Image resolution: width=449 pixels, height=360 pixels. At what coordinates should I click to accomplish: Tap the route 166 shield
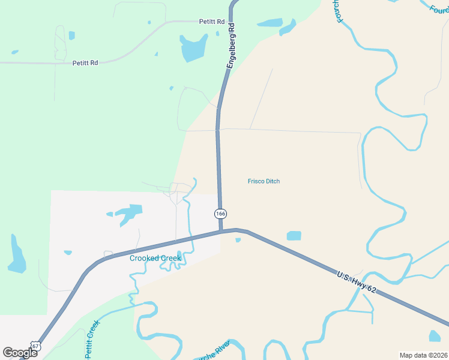click(220, 214)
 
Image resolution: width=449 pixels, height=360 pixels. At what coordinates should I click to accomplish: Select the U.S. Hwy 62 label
click(356, 282)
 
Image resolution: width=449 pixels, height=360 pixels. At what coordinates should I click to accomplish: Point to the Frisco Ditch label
click(264, 181)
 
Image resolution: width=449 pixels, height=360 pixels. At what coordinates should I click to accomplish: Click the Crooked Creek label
click(155, 258)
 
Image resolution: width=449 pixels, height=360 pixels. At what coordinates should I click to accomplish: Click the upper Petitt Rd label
click(212, 22)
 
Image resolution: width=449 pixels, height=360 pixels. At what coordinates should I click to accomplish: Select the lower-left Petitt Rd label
click(85, 62)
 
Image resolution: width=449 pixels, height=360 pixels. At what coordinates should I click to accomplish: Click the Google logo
click(20, 352)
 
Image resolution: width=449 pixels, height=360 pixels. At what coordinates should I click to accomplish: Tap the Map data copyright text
click(423, 355)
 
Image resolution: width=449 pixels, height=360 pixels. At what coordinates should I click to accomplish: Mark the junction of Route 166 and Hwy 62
click(221, 230)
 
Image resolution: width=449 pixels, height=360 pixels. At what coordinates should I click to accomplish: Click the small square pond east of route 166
click(294, 236)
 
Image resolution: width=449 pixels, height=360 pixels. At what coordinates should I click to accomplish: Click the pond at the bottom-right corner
click(435, 336)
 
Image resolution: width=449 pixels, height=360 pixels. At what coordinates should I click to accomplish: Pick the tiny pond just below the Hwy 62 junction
click(238, 241)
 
